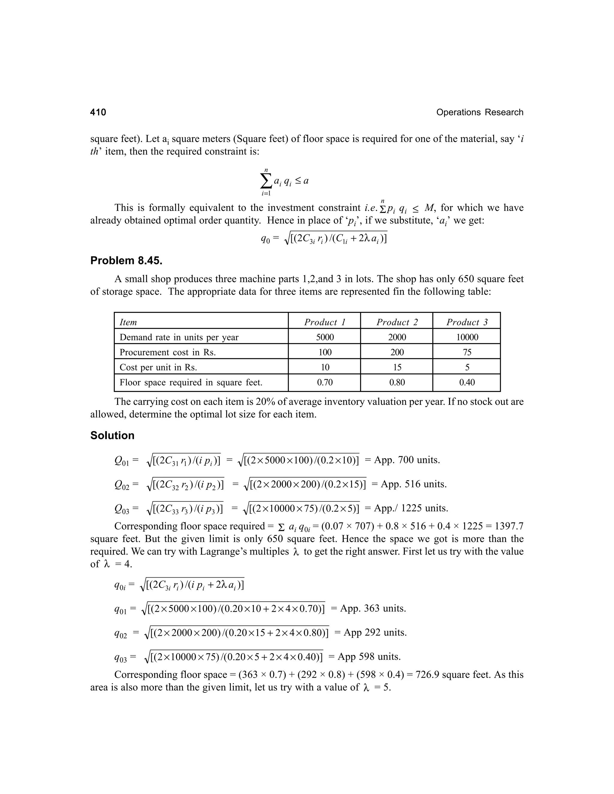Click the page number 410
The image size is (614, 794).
point(98,112)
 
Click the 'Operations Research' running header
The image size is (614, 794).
point(479,112)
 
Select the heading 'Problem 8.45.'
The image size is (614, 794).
point(126,261)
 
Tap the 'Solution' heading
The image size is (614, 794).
point(112,436)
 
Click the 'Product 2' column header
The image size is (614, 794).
point(397,322)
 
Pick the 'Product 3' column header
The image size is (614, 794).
point(467,322)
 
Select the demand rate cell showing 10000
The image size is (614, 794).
point(467,337)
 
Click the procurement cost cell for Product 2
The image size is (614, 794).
point(397,352)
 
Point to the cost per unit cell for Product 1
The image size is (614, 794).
point(325,367)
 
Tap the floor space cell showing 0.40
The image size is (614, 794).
point(467,382)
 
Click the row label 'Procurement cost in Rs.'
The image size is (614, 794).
point(168,352)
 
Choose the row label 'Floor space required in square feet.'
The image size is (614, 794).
point(191,382)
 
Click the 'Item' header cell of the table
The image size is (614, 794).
point(128,322)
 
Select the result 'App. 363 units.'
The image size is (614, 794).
point(373,608)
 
